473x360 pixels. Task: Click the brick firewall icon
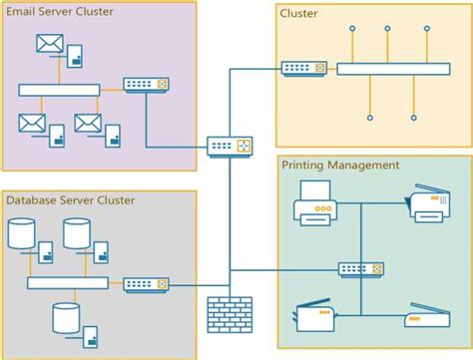click(x=230, y=314)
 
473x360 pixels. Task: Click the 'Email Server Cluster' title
click(x=59, y=12)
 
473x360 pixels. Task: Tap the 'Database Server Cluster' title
click(x=70, y=200)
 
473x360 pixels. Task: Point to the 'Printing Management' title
click(x=340, y=165)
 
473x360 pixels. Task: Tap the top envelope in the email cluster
click(x=49, y=43)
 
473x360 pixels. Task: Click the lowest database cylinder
click(x=65, y=317)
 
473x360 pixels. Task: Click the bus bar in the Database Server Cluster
click(x=67, y=283)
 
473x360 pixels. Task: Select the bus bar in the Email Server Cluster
click(x=59, y=90)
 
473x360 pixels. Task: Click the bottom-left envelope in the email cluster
click(x=32, y=123)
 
